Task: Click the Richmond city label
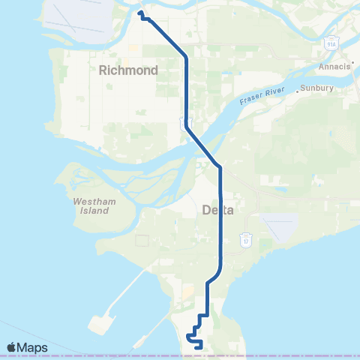point(127,70)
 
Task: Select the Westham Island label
point(92,205)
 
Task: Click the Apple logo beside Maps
point(12,347)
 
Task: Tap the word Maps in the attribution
point(33,347)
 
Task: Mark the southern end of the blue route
point(196,346)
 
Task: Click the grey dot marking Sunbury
point(298,90)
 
